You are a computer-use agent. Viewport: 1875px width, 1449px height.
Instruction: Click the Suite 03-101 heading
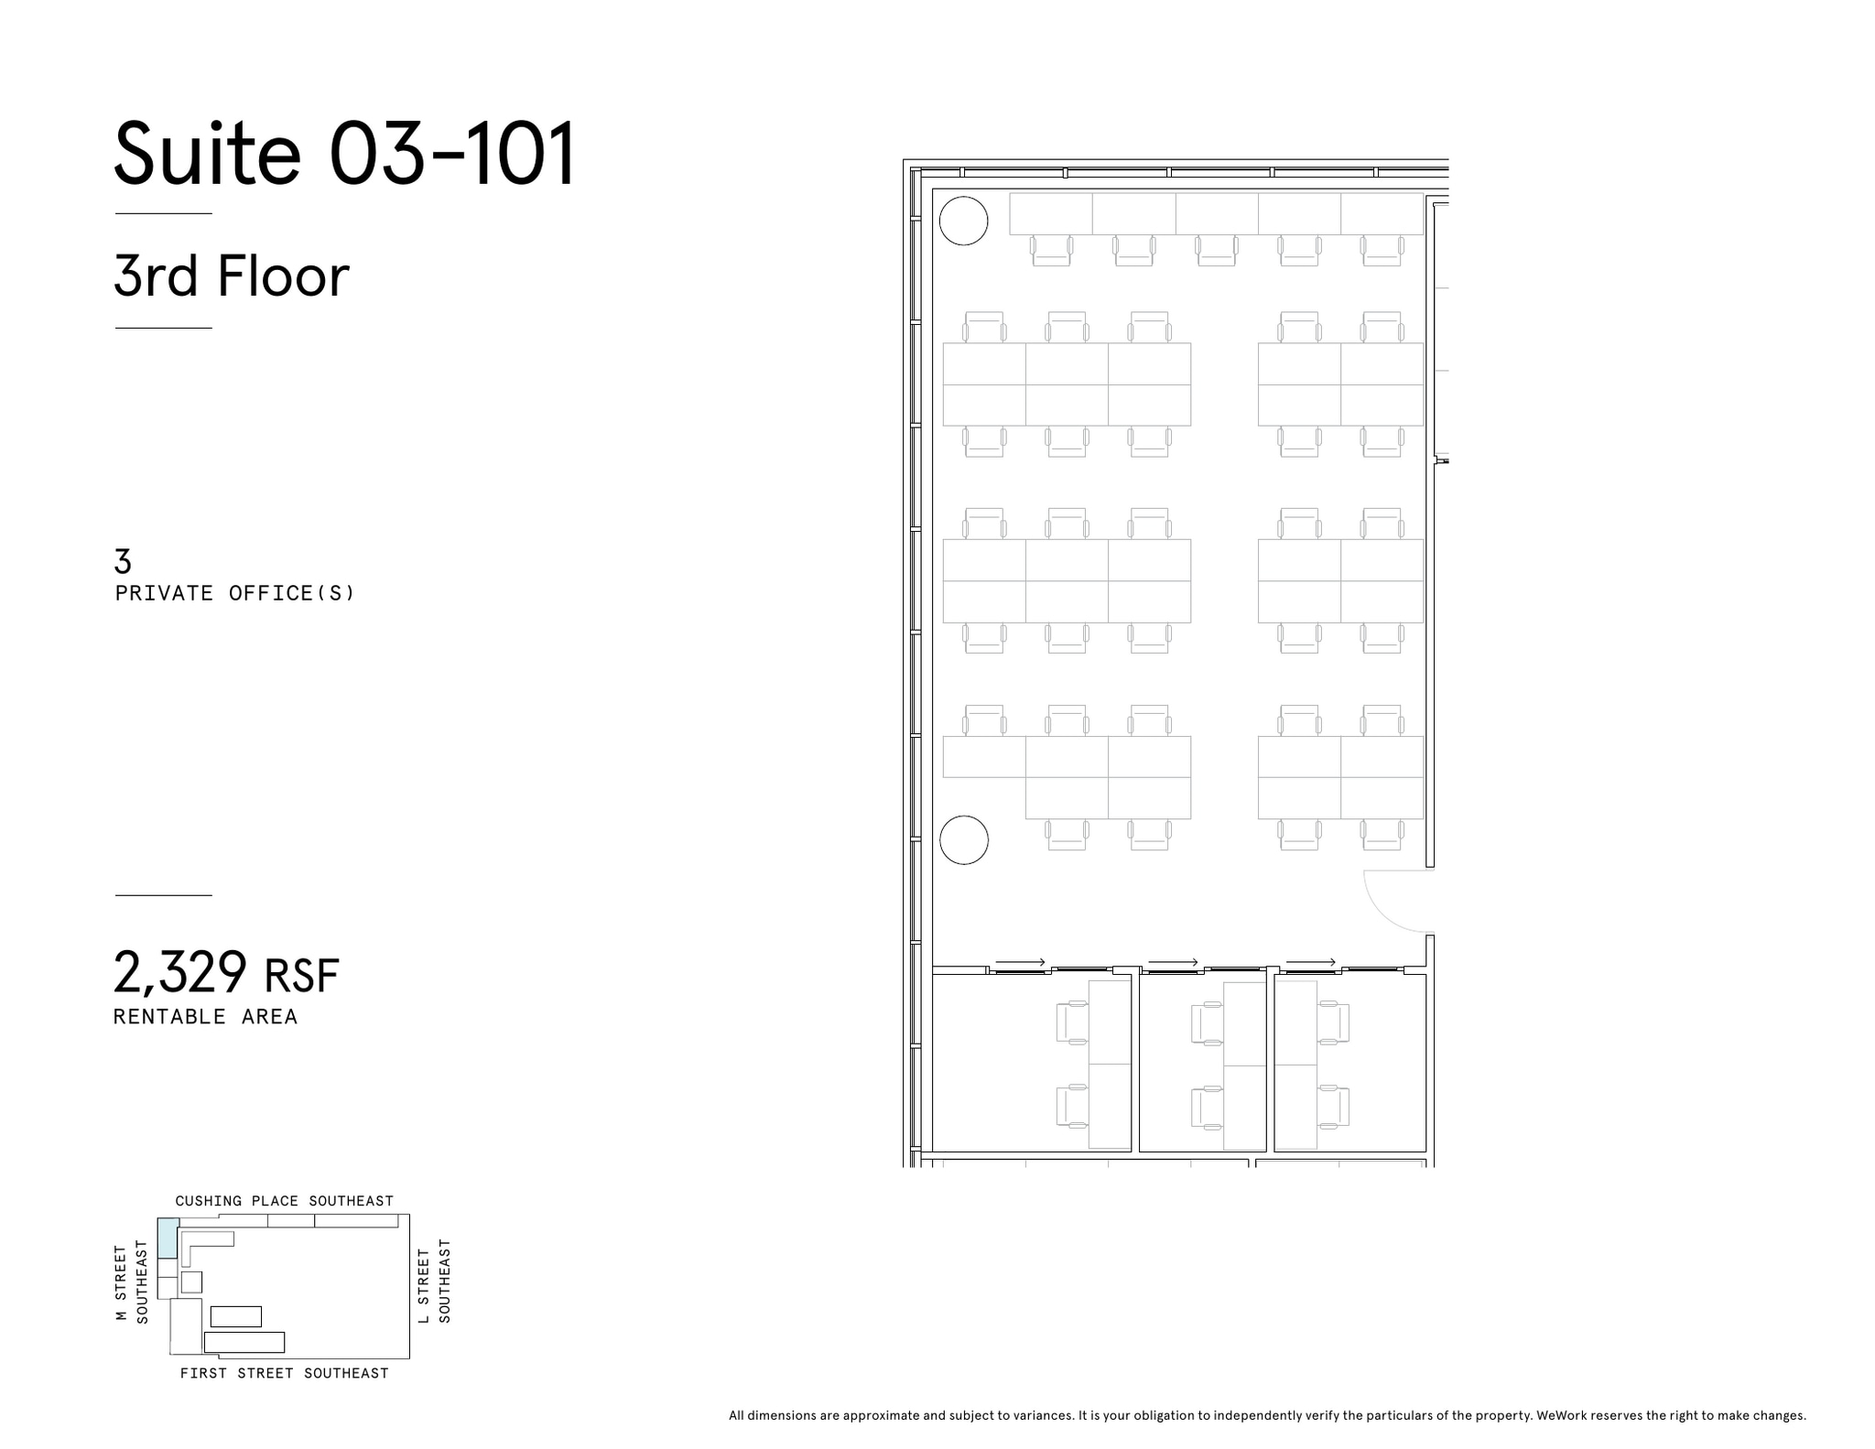tap(344, 153)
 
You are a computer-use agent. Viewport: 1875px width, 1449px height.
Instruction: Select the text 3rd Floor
tap(231, 276)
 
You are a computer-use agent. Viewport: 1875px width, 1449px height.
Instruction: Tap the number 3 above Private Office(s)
tap(123, 560)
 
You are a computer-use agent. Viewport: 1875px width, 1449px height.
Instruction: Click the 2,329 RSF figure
tap(225, 972)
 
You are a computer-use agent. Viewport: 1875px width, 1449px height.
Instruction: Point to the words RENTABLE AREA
tap(205, 1017)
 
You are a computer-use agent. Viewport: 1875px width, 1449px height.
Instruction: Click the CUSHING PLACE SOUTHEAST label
tap(284, 1201)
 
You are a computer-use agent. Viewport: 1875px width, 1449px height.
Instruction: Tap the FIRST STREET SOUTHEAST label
tap(284, 1373)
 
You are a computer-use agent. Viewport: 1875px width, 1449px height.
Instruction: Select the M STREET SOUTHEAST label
tap(130, 1281)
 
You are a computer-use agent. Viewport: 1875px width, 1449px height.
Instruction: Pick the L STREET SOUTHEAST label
tap(434, 1281)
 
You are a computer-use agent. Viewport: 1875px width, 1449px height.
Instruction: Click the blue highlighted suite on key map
tap(168, 1238)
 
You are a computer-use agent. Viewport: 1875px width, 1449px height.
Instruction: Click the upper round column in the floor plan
tap(964, 221)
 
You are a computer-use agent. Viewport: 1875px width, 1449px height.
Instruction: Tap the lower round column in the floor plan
tap(964, 839)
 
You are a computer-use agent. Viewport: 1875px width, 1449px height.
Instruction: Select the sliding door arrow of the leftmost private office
tap(1020, 962)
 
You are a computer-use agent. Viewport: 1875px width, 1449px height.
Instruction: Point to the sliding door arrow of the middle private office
tap(1173, 962)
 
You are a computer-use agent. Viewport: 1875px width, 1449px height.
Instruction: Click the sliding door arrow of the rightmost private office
tap(1311, 962)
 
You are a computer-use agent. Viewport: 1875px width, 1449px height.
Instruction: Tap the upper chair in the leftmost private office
tap(1072, 1022)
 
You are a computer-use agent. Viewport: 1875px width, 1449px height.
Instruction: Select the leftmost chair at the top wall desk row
tap(1051, 250)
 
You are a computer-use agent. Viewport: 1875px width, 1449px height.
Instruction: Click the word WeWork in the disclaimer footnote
tap(1561, 1415)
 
